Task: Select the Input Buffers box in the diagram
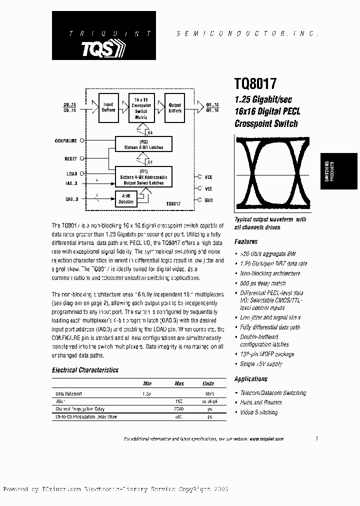(108, 107)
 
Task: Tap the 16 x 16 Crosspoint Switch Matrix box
(142, 107)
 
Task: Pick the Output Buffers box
(174, 107)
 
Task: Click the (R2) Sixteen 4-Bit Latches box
(143, 144)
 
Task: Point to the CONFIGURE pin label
(65, 141)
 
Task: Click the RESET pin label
(70, 159)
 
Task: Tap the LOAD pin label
(71, 174)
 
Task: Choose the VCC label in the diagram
(208, 176)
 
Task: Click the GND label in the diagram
(208, 200)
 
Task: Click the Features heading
(246, 241)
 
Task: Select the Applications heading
(251, 379)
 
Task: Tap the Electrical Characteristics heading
(85, 370)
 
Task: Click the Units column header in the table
(208, 383)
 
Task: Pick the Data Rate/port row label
(68, 393)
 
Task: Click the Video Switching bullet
(259, 412)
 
